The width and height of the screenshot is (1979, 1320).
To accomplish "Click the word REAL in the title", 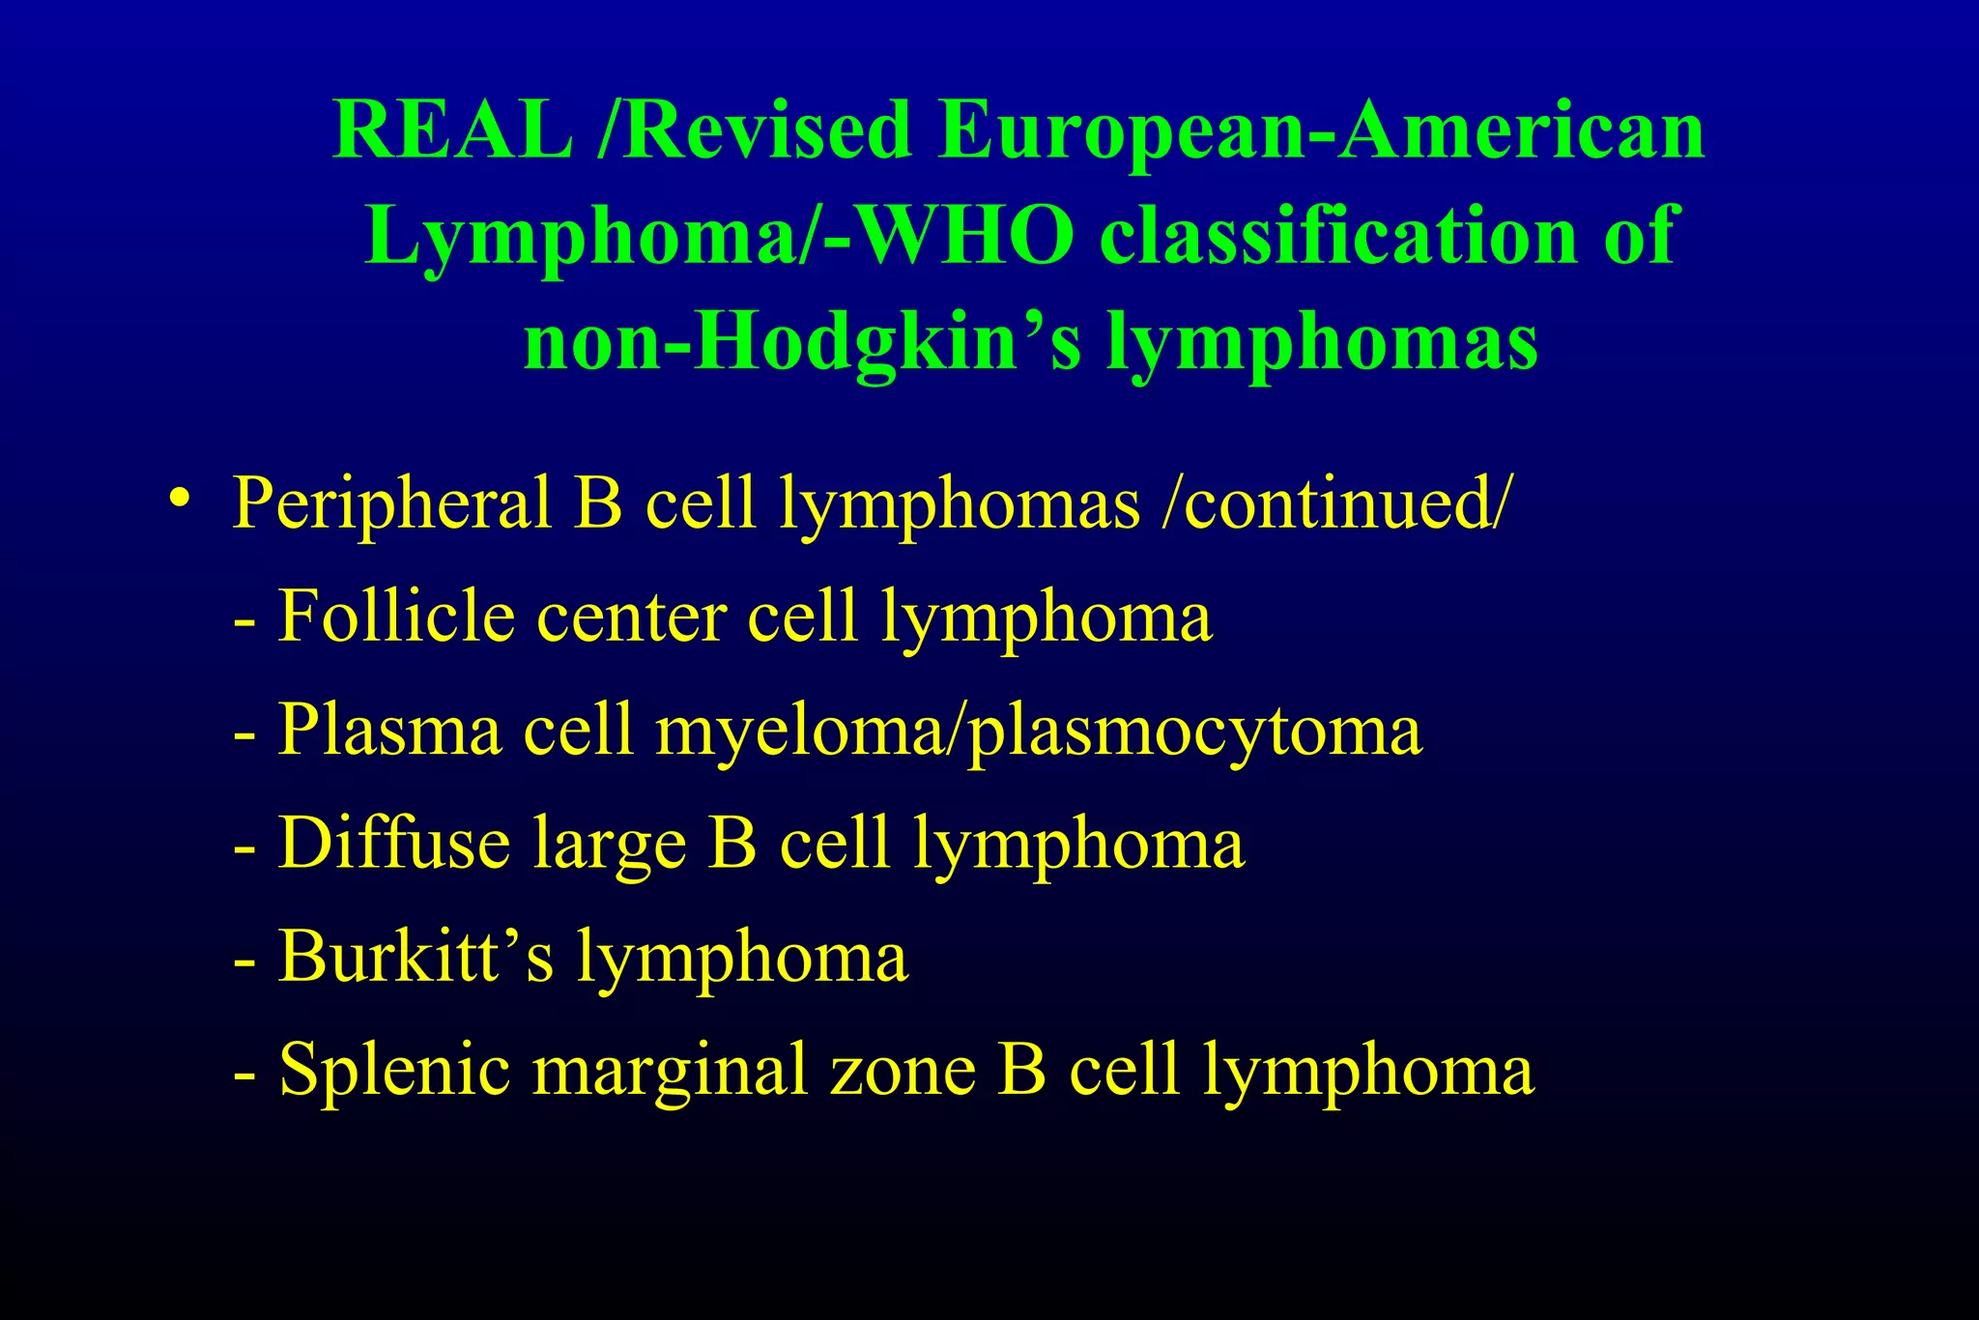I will click(453, 129).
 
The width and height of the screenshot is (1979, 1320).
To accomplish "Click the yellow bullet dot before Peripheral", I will click(179, 498).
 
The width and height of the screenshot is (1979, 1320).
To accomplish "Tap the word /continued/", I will click(1334, 502).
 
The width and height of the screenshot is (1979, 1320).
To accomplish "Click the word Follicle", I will click(396, 616).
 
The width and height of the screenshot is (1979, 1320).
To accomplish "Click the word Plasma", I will click(390, 730).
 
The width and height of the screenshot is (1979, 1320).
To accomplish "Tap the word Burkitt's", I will click(416, 956).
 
